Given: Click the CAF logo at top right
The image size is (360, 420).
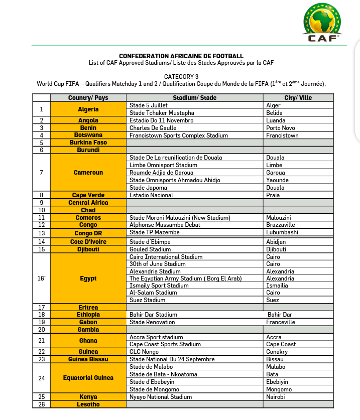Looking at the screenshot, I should (x=324, y=23).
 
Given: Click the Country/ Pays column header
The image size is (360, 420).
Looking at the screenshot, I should (x=88, y=98).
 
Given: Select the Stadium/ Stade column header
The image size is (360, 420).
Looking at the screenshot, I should (x=194, y=98).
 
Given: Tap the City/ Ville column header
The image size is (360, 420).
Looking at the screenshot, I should (x=298, y=98).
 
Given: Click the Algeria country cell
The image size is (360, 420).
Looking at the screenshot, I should (x=88, y=109).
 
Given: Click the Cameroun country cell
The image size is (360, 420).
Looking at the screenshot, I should (x=88, y=173).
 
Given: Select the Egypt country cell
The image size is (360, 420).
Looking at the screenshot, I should (x=88, y=278).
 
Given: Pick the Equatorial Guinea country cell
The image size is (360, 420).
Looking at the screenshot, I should (x=88, y=378).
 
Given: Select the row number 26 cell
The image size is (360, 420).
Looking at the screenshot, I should (x=42, y=404).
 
